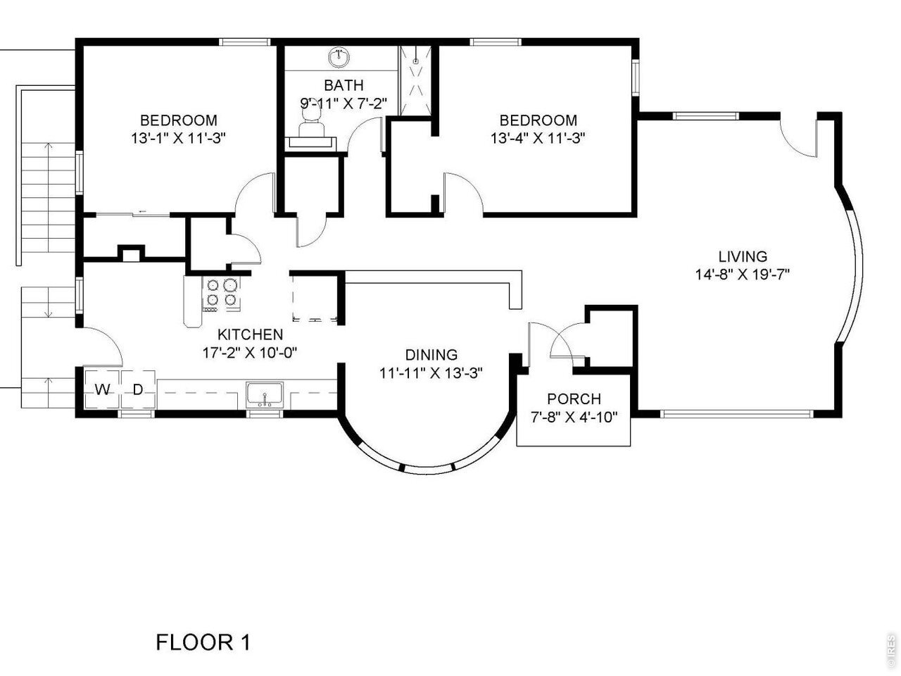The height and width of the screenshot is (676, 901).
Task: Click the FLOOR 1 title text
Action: pyautogui.click(x=203, y=642)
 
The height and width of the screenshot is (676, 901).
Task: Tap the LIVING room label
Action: pyautogui.click(x=743, y=256)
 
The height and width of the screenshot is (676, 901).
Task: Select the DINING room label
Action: pyautogui.click(x=431, y=355)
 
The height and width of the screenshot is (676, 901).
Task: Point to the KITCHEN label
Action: pyautogui.click(x=250, y=334)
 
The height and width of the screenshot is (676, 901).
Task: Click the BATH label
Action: pyautogui.click(x=344, y=85)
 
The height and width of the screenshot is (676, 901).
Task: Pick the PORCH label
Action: pyautogui.click(x=574, y=399)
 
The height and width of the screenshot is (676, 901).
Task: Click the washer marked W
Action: pyautogui.click(x=103, y=389)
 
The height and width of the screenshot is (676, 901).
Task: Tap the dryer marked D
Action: pyautogui.click(x=138, y=389)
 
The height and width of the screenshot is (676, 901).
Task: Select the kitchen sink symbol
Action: pyautogui.click(x=265, y=395)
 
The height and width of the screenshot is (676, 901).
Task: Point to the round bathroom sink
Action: pyautogui.click(x=339, y=58)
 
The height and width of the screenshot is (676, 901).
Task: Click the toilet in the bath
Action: pyautogui.click(x=311, y=119)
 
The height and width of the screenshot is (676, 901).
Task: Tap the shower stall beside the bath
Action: pyautogui.click(x=415, y=81)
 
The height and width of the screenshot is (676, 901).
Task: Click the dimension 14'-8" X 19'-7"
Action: pyautogui.click(x=743, y=274)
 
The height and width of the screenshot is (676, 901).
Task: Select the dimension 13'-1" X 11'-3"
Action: pyautogui.click(x=179, y=138)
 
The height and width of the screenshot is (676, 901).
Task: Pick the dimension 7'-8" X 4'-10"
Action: pyautogui.click(x=574, y=418)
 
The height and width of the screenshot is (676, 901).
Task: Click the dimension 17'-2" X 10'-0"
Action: pyautogui.click(x=250, y=353)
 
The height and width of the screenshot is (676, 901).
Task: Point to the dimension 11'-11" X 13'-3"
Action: pyautogui.click(x=431, y=373)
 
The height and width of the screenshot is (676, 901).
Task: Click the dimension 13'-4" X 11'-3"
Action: pyautogui.click(x=538, y=138)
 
